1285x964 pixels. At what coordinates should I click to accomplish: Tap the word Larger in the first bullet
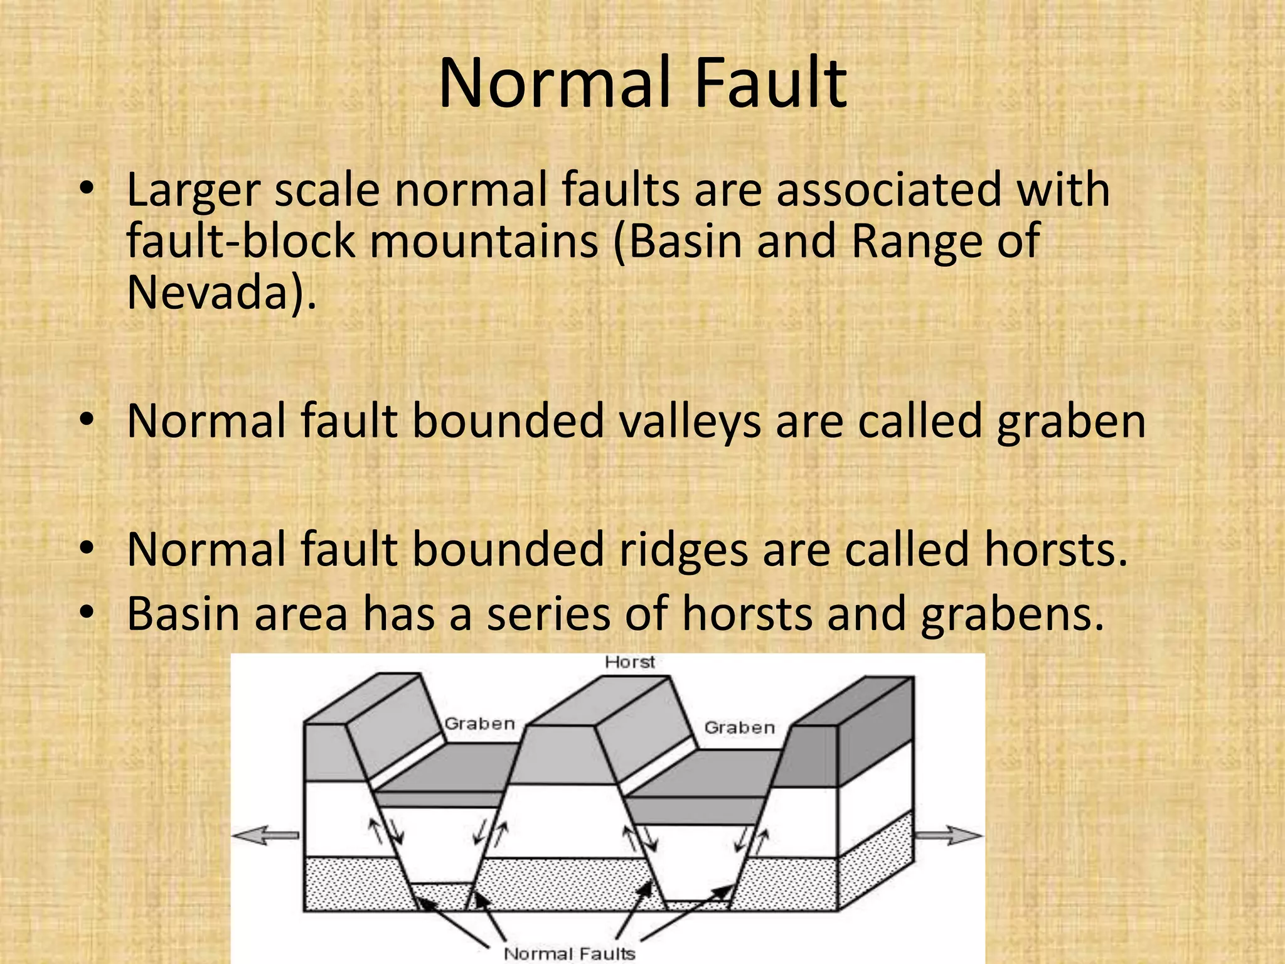[x=193, y=191]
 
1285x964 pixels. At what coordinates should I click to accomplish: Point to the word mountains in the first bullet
[x=484, y=242]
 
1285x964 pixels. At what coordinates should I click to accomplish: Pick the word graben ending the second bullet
[x=1071, y=423]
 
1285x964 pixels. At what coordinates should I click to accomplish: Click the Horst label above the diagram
[x=630, y=662]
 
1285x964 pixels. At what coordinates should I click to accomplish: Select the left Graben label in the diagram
[x=480, y=724]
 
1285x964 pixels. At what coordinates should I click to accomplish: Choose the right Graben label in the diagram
[x=740, y=727]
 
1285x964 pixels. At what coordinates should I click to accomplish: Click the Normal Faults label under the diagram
[x=570, y=953]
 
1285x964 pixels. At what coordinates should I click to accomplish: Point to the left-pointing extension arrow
[x=264, y=835]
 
